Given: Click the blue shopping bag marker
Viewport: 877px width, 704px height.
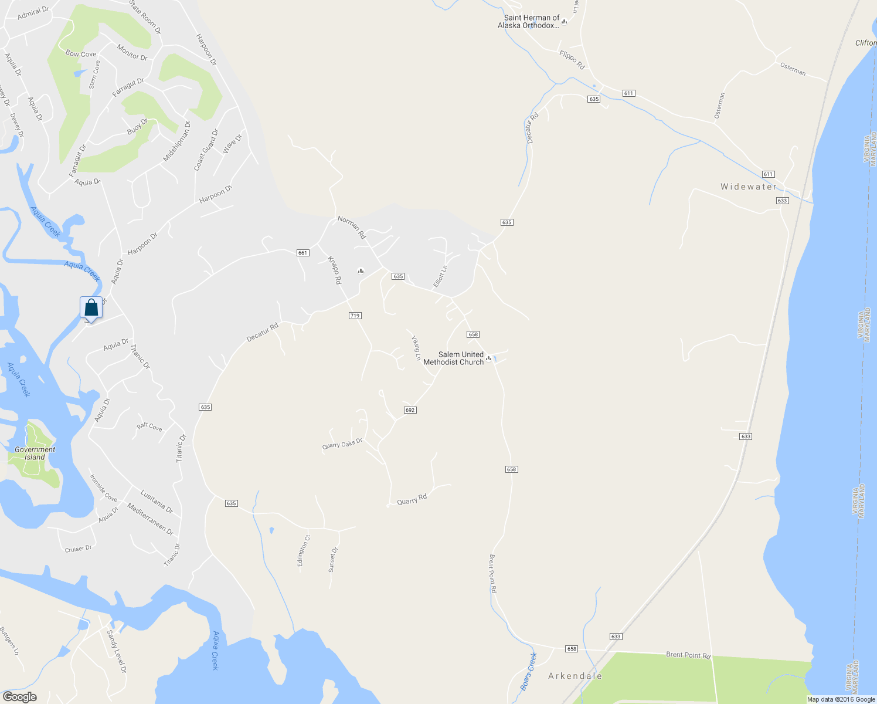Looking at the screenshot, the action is click(91, 307).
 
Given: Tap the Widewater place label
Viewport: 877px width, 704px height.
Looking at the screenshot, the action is click(749, 187).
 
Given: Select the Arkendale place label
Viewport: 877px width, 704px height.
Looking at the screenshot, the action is click(575, 676).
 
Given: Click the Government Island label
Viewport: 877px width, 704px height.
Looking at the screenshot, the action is click(35, 453).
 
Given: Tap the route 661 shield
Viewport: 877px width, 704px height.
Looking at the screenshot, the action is click(302, 253).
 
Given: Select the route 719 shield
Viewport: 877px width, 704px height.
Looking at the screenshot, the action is click(355, 316).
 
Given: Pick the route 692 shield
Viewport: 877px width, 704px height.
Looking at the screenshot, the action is click(410, 410).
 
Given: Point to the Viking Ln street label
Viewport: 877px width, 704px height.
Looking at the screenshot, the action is click(416, 348).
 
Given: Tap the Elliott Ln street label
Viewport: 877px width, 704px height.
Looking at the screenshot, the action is click(440, 276).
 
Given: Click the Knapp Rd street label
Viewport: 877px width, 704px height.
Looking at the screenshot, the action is click(334, 270).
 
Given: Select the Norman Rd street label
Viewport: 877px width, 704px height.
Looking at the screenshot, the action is click(352, 228).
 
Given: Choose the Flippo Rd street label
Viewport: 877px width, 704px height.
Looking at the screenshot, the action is click(572, 60).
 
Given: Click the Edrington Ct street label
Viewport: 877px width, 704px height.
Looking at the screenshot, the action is click(303, 550).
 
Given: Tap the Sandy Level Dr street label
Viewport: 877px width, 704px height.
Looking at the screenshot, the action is click(116, 651).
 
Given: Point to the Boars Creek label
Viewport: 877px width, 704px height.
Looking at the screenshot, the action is click(529, 671).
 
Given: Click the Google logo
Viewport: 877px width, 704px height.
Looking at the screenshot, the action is click(19, 697).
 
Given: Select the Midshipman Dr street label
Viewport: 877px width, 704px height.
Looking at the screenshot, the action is click(177, 141).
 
